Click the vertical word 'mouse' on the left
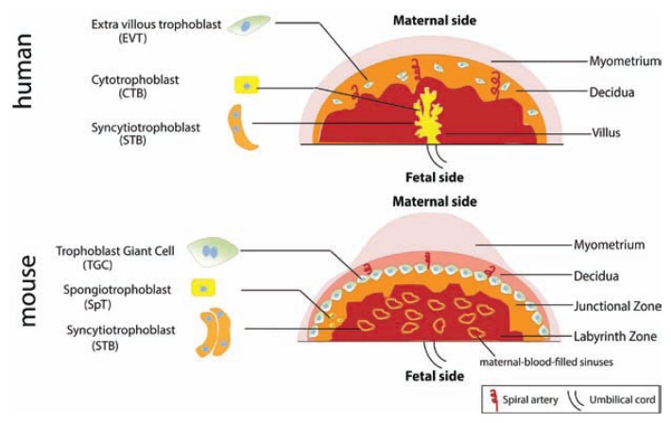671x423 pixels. [26, 289]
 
